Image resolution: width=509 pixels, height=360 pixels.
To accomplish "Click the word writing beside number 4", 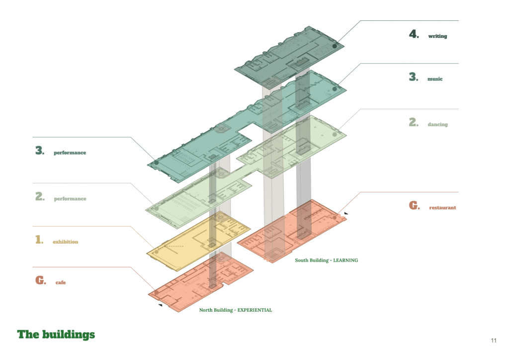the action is click(x=437, y=36).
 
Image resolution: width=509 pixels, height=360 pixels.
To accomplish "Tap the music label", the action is click(x=434, y=79).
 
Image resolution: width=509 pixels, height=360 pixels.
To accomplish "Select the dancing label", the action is click(x=437, y=124).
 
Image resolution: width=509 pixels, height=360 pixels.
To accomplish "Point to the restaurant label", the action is click(x=442, y=207).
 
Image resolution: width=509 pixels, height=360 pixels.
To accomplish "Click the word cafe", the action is click(x=60, y=282).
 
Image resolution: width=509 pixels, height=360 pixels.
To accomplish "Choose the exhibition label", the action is click(x=65, y=242).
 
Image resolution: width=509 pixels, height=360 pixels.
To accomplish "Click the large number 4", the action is click(x=414, y=34).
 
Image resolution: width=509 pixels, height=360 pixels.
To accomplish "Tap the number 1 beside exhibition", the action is click(x=39, y=240).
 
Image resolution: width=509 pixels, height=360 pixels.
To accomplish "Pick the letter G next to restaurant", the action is click(x=414, y=205).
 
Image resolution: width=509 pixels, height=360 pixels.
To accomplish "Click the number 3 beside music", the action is click(x=414, y=77).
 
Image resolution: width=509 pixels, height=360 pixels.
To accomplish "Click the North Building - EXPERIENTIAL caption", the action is click(x=236, y=310).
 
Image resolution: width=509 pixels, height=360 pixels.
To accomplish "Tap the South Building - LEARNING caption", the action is click(x=327, y=261).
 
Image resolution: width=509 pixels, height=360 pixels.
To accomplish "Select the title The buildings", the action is click(x=56, y=334).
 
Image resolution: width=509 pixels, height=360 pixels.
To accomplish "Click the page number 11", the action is click(x=494, y=341).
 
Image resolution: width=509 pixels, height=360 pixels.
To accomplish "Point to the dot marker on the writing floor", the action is click(x=335, y=46).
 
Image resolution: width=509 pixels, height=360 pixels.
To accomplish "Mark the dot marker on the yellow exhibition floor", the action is click(x=157, y=252).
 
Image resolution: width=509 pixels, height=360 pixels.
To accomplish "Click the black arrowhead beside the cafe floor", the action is click(x=161, y=305).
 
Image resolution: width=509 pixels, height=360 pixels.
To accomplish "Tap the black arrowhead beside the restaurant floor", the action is click(x=346, y=213).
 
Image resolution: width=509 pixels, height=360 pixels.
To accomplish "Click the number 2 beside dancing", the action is click(x=414, y=122).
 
